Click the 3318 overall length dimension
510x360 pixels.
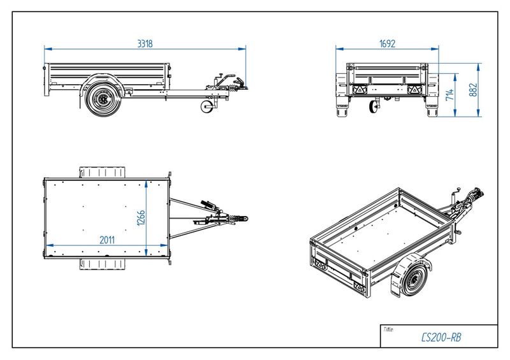[145, 44]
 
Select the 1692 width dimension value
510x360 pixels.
[388, 44]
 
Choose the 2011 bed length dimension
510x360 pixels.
[106, 240]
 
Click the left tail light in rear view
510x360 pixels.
[360, 90]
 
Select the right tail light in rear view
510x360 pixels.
[415, 90]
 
